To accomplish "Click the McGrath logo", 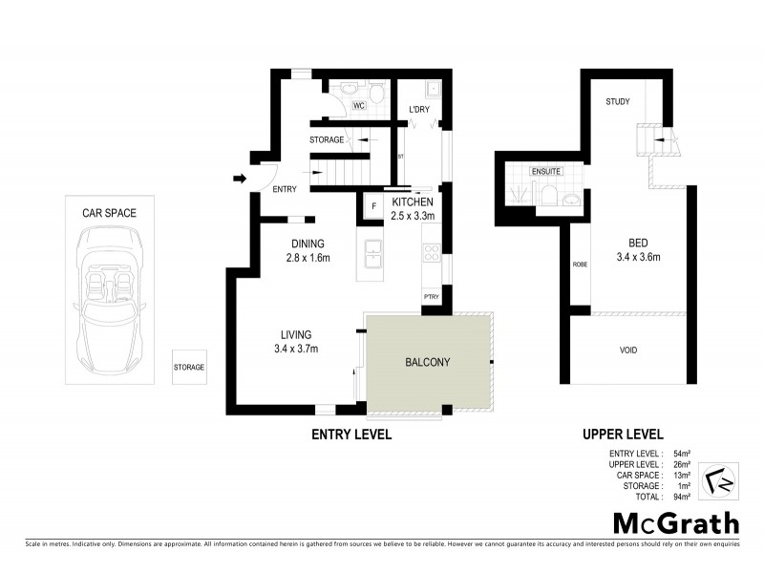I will (675, 522).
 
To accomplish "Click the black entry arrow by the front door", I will (238, 178).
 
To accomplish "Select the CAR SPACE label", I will (110, 213).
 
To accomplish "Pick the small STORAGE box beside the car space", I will (188, 367).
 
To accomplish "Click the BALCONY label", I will (427, 362).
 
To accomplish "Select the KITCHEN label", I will (413, 202).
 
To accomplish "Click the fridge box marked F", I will (373, 205).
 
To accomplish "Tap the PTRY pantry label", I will (431, 298).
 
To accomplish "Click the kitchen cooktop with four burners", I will (431, 254).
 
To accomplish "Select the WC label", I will (359, 106).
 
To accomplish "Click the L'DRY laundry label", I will (419, 110).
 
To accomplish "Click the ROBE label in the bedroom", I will (580, 265).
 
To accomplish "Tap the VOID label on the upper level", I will (627, 350).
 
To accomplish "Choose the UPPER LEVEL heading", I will (623, 434).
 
